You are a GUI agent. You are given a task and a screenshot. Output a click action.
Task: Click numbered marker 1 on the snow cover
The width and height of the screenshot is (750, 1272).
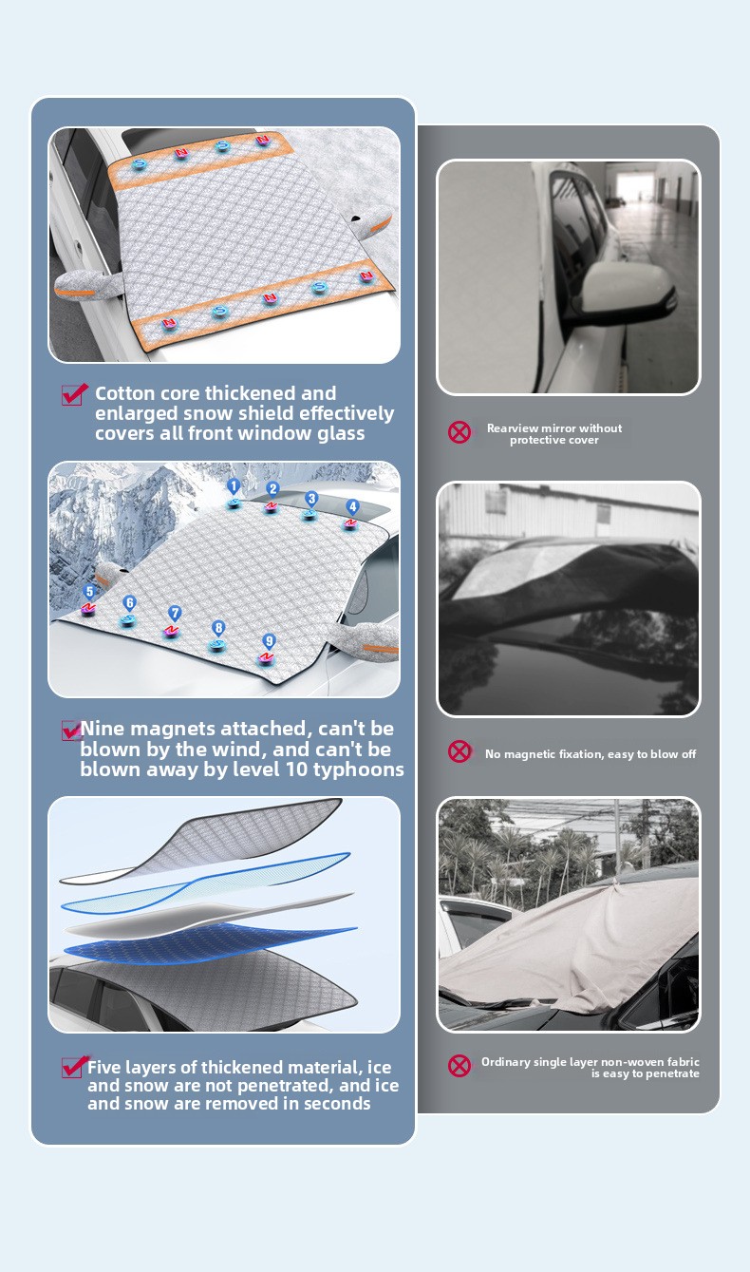(x=234, y=486)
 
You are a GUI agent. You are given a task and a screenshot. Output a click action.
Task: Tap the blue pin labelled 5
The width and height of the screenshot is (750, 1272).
(x=89, y=592)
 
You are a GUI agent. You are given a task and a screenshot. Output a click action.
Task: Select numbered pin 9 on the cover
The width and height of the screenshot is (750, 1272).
(x=269, y=641)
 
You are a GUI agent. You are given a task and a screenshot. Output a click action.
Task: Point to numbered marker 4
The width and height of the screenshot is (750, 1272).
(x=352, y=506)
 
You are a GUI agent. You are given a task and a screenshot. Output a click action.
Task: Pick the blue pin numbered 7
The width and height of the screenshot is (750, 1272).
(x=174, y=614)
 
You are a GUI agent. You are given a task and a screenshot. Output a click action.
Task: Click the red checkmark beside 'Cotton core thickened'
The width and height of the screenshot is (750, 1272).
(x=74, y=394)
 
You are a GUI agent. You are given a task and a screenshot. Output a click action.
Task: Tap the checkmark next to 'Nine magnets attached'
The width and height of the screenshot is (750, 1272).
(x=71, y=731)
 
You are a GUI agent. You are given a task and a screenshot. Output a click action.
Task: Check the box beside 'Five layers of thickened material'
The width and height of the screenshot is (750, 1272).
(x=74, y=1067)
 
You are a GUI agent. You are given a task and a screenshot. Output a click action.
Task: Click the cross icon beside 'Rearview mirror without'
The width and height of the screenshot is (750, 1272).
(x=459, y=432)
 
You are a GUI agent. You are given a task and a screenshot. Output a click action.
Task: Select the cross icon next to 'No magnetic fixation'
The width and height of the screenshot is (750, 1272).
(x=459, y=751)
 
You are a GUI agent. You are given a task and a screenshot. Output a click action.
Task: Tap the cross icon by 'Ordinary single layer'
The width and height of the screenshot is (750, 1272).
(x=459, y=1066)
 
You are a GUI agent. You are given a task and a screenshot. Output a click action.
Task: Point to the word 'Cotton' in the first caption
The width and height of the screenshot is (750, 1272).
(x=123, y=393)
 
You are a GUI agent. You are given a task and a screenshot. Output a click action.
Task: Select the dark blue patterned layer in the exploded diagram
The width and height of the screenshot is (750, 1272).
(x=210, y=943)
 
